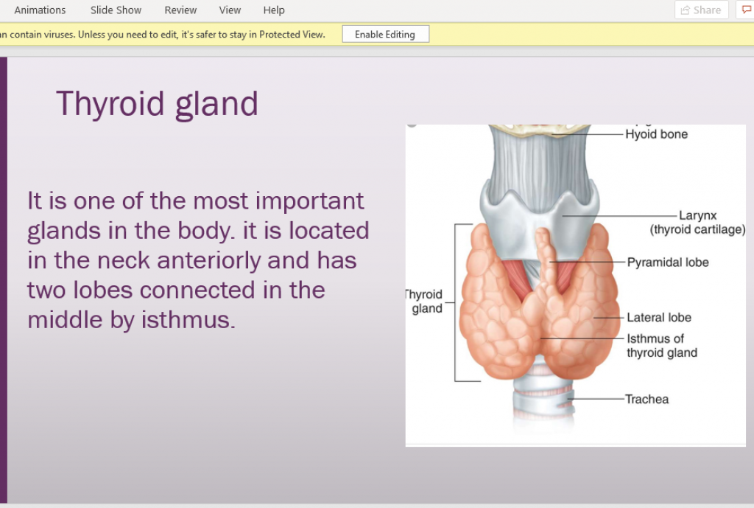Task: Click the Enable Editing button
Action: pyautogui.click(x=385, y=34)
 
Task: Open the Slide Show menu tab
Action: pyautogui.click(x=116, y=10)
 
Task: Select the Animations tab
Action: pyautogui.click(x=40, y=10)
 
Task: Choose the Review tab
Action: pyautogui.click(x=180, y=10)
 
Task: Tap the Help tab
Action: pyautogui.click(x=274, y=10)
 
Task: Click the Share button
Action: pyautogui.click(x=701, y=10)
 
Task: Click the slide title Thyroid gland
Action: pyautogui.click(x=158, y=104)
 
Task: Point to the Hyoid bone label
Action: pyautogui.click(x=656, y=134)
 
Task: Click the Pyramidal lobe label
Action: pyautogui.click(x=668, y=262)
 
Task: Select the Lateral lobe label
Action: pyautogui.click(x=659, y=318)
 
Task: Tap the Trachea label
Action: pyautogui.click(x=646, y=399)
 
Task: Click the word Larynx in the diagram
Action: pyautogui.click(x=698, y=216)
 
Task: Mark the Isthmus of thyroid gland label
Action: pyautogui.click(x=662, y=346)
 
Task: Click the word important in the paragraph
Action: pyautogui.click(x=310, y=201)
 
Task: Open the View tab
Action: pyautogui.click(x=230, y=10)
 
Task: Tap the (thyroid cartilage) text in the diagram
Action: pyautogui.click(x=698, y=230)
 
